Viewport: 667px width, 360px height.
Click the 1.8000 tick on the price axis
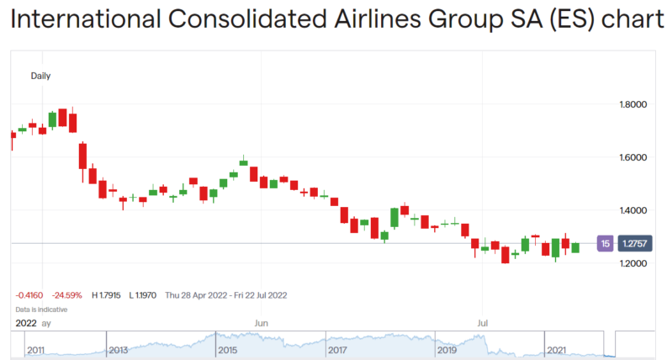[x=635, y=104]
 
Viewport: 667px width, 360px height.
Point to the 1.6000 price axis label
[x=635, y=157]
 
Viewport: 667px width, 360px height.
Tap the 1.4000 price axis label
[x=635, y=210]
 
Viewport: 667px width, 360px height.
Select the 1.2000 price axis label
[x=635, y=263]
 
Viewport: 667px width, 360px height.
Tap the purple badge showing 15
[x=604, y=244]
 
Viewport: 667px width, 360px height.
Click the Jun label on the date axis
[x=261, y=322]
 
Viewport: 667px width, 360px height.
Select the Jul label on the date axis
[x=483, y=322]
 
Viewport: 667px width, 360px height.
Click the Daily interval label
[x=40, y=76]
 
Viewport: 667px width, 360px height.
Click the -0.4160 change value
[x=29, y=295]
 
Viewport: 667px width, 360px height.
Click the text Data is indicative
[x=41, y=309]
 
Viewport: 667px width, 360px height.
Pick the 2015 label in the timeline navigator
[x=227, y=349]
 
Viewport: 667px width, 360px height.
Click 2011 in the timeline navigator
[x=36, y=349]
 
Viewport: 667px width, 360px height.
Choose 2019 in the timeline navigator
[x=446, y=349]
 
